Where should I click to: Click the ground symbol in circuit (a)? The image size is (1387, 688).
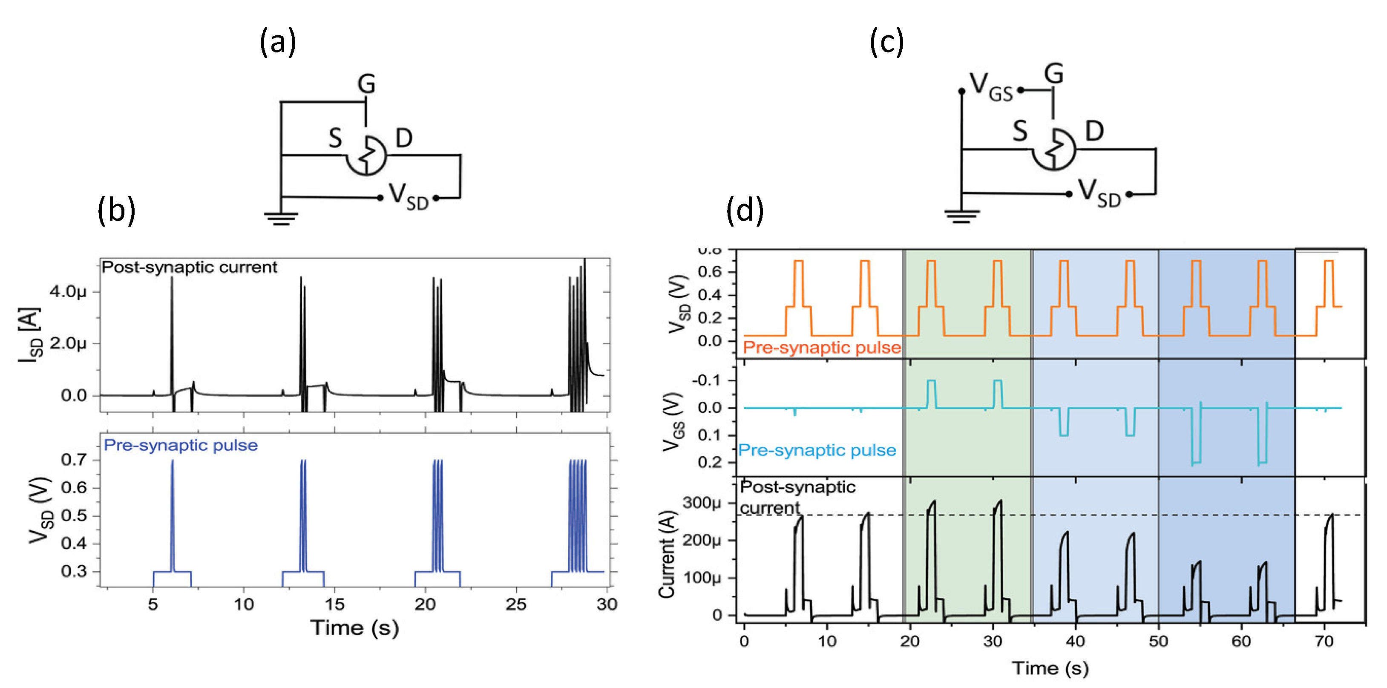coord(281,218)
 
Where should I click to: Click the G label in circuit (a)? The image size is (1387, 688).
coord(366,84)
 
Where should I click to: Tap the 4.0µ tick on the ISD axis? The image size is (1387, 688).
coord(68,292)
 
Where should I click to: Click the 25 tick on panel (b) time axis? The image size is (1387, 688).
coord(516,605)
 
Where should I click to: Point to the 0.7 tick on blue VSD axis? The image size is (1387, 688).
coord(74,460)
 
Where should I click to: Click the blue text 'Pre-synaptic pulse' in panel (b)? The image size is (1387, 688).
coord(180,445)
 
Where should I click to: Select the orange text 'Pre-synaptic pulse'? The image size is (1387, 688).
coord(822,348)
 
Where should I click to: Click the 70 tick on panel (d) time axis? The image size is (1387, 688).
coord(1324,641)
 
